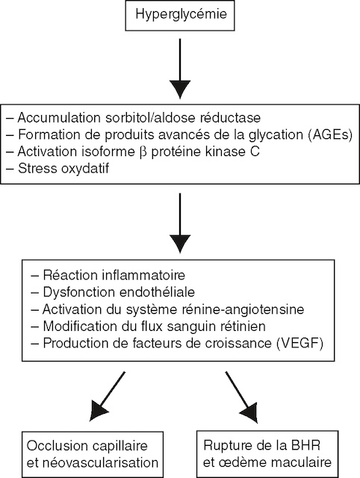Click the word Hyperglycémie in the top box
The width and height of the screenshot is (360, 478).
pos(179,15)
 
